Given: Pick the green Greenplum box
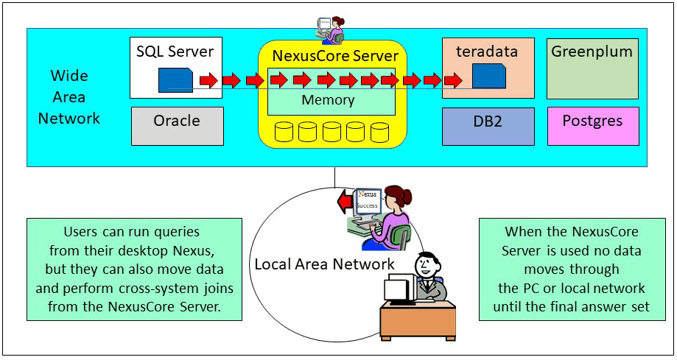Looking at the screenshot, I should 592,68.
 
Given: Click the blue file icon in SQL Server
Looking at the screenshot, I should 175,80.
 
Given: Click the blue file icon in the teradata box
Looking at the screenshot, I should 488,77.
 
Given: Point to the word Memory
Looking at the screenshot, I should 328,100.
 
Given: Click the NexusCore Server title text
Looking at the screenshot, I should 335,56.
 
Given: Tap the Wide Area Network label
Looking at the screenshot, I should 69,96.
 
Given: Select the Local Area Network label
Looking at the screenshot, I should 324,264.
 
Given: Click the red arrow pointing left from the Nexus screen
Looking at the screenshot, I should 344,201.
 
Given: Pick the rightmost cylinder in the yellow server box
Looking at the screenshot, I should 379,133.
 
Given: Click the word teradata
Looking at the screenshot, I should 487,52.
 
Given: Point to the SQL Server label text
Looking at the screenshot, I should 175,52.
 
